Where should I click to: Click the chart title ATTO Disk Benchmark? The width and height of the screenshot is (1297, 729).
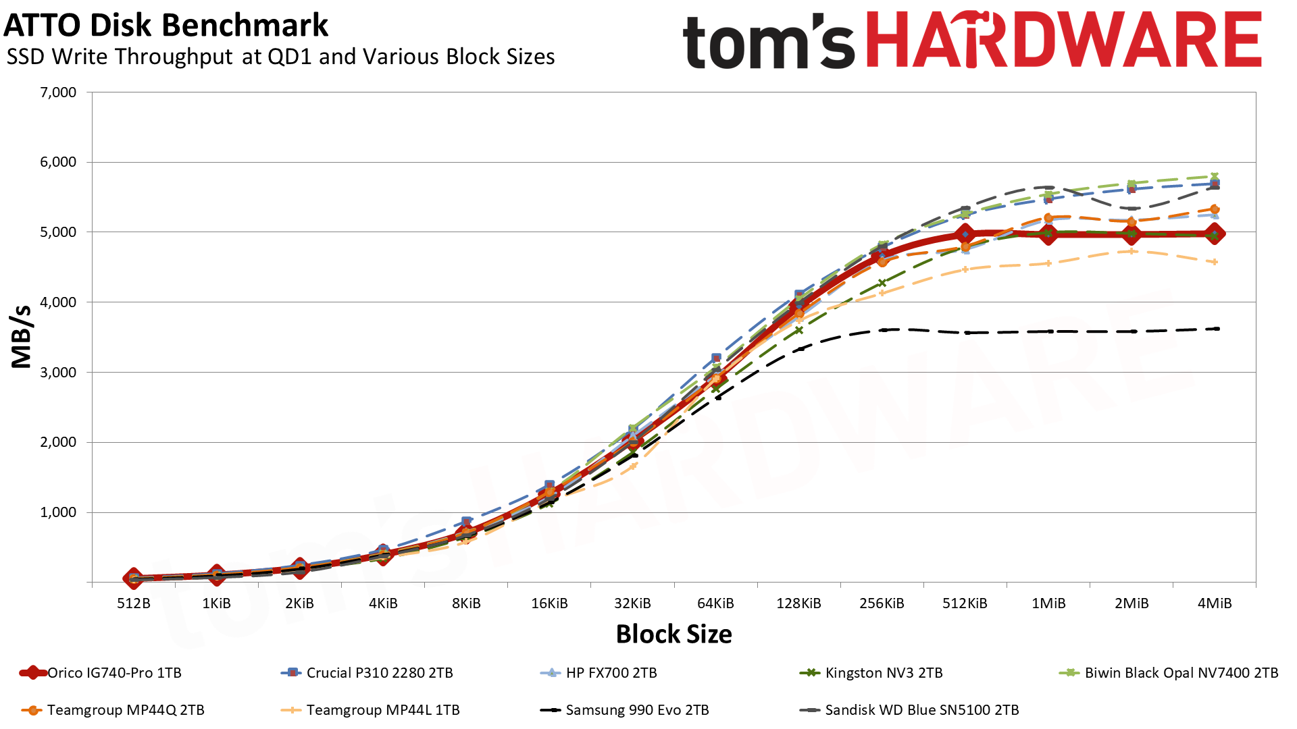coord(166,26)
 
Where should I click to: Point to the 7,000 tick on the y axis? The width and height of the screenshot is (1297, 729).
coord(59,92)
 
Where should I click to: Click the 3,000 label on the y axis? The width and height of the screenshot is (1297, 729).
coord(59,373)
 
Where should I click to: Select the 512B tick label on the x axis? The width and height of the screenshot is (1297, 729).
coord(134,603)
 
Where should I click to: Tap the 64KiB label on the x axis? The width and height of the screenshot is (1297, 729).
coord(715,603)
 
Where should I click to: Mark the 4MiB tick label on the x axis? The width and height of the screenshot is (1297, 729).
coord(1214,603)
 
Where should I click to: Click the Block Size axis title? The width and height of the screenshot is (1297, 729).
coord(673,634)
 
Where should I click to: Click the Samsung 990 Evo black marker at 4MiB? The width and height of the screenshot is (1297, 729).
coord(1215,329)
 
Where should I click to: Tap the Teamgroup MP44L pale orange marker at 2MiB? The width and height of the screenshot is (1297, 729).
coord(1132,251)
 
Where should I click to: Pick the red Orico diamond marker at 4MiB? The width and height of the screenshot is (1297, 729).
coord(1215,234)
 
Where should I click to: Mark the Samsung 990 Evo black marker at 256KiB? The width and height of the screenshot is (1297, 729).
coord(882,330)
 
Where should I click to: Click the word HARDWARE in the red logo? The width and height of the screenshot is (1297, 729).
coord(1063,40)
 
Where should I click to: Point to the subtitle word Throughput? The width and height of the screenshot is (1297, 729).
coord(176,57)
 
